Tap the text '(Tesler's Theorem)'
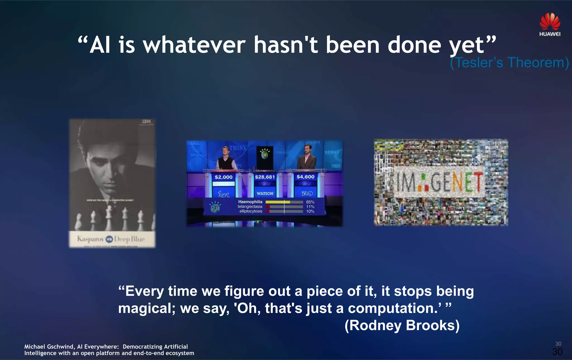[x=509, y=63]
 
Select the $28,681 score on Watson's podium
[x=265, y=177]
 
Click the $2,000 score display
[x=223, y=177]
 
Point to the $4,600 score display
[x=305, y=177]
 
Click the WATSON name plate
[x=265, y=193]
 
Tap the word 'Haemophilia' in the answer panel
[x=250, y=202]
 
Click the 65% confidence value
[x=310, y=202]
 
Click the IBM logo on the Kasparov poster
[x=146, y=121]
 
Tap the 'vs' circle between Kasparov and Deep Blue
[x=109, y=239]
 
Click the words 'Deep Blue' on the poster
[x=129, y=239]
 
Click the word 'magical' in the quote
[x=146, y=308]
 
